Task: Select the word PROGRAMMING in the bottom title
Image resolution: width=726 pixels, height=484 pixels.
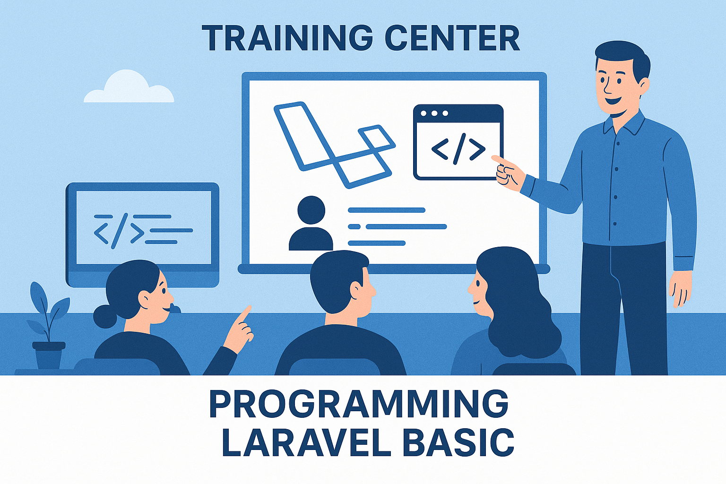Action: [x=359, y=404]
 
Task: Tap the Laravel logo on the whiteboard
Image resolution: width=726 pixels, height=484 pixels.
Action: [x=335, y=145]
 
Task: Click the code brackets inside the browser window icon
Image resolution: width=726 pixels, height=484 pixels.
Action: [x=458, y=149]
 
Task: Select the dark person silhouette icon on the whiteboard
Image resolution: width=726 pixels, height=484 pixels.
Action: [x=311, y=224]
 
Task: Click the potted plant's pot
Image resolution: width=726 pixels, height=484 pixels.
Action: [x=49, y=355]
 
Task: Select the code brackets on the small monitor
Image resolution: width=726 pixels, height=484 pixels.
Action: [x=119, y=231]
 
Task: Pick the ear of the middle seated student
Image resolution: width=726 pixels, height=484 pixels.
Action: [x=357, y=289]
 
